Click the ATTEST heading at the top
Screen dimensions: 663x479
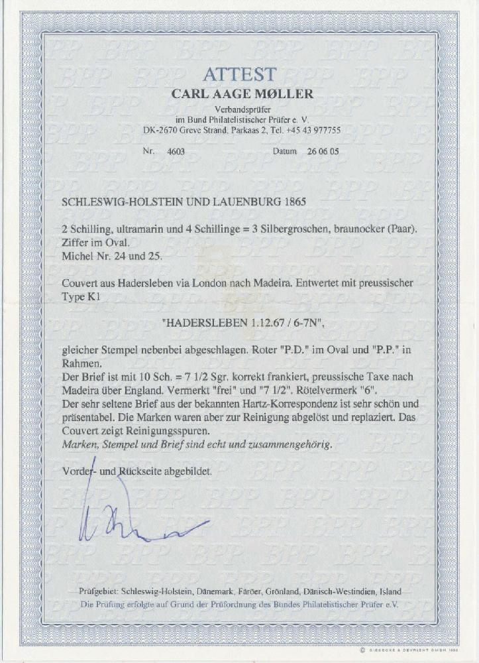pyautogui.click(x=239, y=74)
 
